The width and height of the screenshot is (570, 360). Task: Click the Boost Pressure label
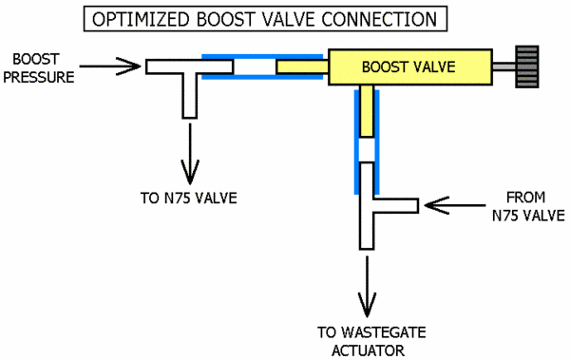tap(38, 67)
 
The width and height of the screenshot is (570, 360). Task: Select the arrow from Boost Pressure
tap(108, 66)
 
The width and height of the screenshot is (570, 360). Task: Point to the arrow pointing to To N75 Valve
tap(189, 152)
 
